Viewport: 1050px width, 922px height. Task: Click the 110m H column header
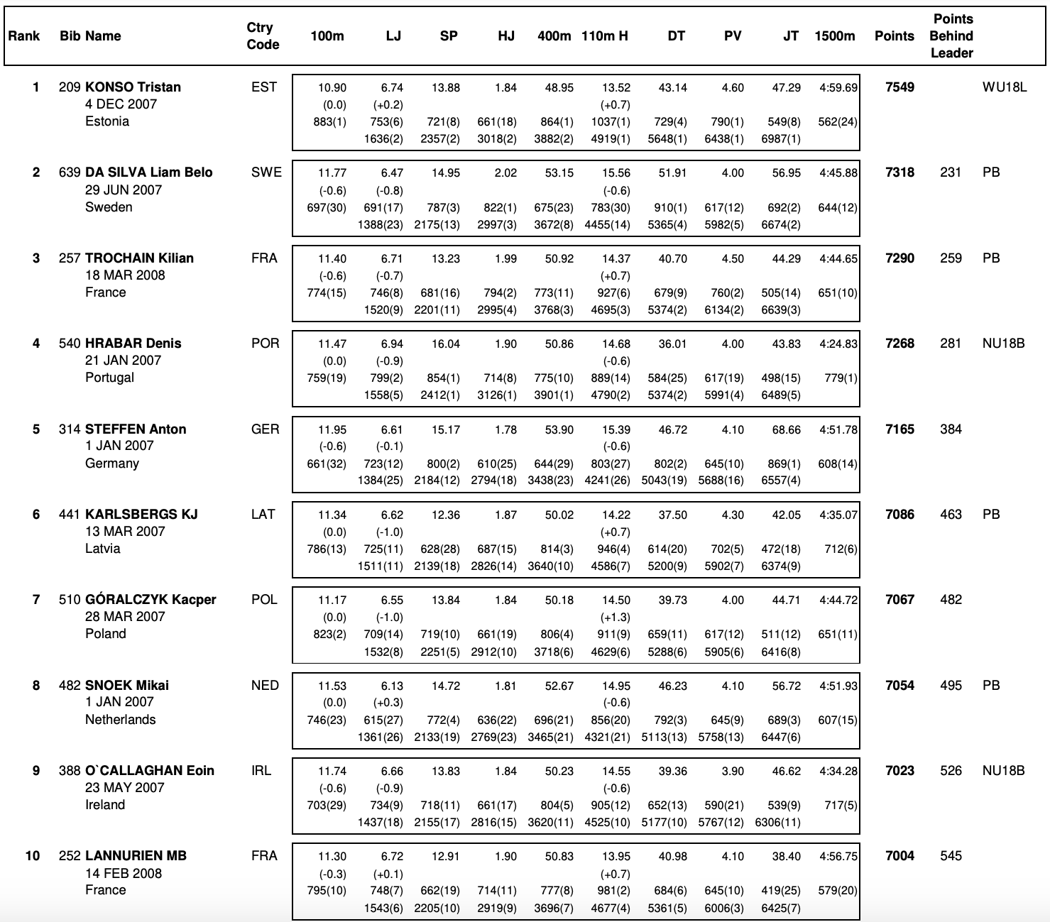604,36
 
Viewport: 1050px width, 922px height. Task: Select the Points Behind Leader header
951,36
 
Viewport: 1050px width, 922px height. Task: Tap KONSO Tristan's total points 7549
899,87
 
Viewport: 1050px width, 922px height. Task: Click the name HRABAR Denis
133,344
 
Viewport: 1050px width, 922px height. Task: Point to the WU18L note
1004,87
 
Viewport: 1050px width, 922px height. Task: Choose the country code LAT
263,515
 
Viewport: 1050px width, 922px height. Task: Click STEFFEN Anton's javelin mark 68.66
786,430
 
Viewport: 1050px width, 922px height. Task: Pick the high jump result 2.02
505,173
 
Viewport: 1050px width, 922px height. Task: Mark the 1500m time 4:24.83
838,344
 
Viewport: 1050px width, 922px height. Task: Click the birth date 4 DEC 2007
121,104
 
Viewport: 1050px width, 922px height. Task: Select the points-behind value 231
951,172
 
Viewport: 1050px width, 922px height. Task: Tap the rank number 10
33,856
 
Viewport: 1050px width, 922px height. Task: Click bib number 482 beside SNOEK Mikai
70,686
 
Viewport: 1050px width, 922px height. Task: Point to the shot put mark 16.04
445,344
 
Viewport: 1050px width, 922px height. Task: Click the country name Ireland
105,805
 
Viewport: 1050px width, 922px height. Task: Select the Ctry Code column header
263,36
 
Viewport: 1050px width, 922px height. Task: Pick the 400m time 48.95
559,88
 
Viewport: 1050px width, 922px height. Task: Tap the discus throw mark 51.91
672,173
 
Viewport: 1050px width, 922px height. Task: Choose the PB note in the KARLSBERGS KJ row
991,515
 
